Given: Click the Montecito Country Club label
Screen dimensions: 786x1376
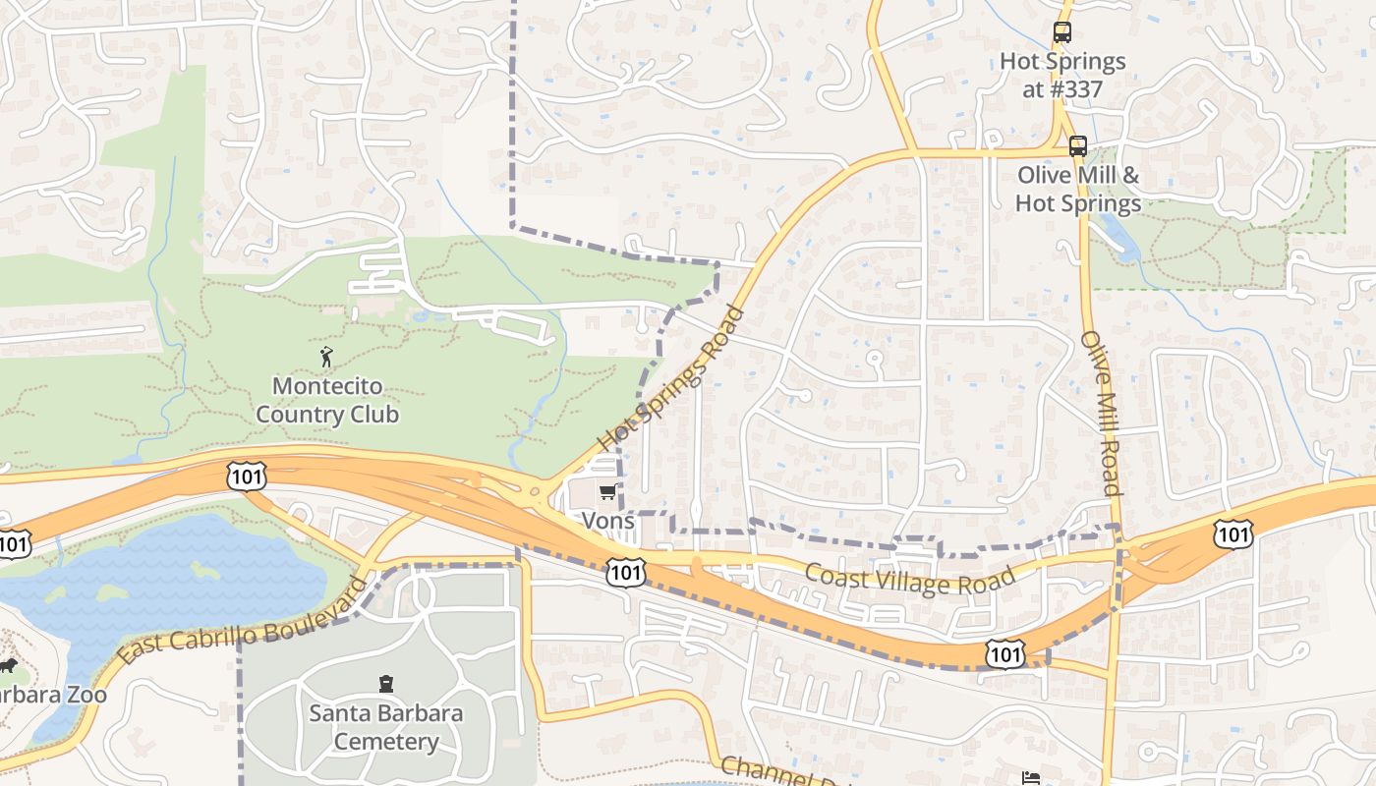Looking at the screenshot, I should pyautogui.click(x=327, y=400).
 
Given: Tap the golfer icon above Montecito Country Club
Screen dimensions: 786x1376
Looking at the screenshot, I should pyautogui.click(x=327, y=357).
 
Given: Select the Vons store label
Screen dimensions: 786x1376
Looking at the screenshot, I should pyautogui.click(x=608, y=520).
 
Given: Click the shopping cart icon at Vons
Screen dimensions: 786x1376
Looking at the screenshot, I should pyautogui.click(x=608, y=491).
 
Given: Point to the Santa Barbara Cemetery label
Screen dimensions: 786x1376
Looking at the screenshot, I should pyautogui.click(x=385, y=727).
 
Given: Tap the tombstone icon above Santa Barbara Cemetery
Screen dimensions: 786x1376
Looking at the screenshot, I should pyautogui.click(x=385, y=684).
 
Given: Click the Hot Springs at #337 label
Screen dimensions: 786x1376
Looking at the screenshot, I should pyautogui.click(x=1062, y=75).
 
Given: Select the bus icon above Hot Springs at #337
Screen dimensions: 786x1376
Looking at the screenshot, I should pyautogui.click(x=1062, y=32).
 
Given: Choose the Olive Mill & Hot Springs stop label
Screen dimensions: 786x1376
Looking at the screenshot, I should pyautogui.click(x=1078, y=190).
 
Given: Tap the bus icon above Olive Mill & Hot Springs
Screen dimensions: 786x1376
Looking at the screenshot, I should pyautogui.click(x=1078, y=146).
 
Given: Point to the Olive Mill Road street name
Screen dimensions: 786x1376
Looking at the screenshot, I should pyautogui.click(x=1101, y=413).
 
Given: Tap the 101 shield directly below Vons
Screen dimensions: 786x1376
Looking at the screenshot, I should pyautogui.click(x=625, y=572).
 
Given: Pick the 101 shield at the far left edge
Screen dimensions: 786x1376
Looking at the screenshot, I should pyautogui.click(x=12, y=543).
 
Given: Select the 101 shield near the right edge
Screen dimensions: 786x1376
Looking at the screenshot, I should pyautogui.click(x=1233, y=533).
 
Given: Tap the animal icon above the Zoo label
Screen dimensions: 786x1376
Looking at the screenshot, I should pyautogui.click(x=8, y=666).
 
